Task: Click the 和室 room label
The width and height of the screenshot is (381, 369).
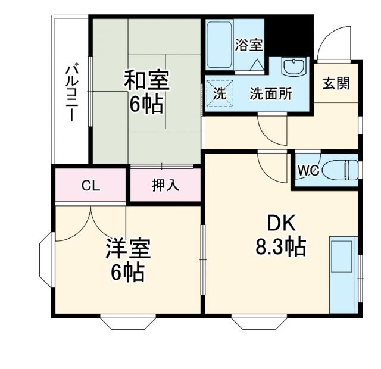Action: (146, 80)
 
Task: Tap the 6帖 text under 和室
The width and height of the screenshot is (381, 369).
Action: (146, 105)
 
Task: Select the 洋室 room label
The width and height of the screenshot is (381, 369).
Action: (128, 248)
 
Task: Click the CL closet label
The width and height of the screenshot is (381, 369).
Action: (90, 186)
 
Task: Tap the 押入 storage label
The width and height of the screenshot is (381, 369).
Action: (165, 185)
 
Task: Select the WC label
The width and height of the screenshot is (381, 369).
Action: (308, 171)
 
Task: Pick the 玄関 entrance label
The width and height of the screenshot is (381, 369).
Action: (336, 83)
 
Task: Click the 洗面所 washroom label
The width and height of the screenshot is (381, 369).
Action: (270, 93)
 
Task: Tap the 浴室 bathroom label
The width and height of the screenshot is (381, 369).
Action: (249, 44)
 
